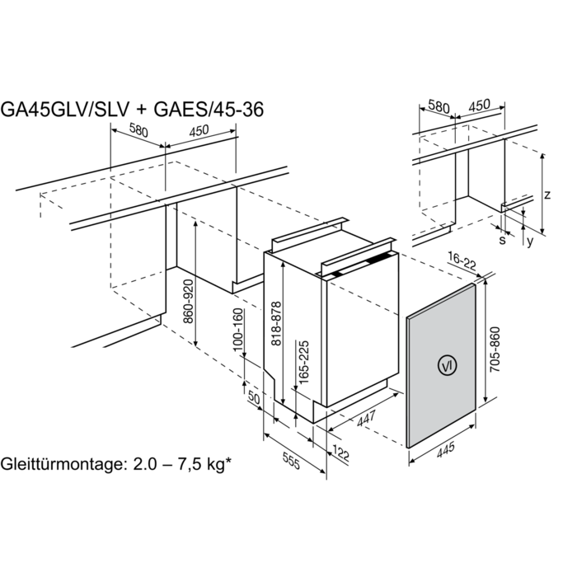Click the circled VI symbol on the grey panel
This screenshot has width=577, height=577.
(447, 366)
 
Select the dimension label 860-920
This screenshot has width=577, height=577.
(189, 302)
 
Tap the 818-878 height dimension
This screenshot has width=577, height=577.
(276, 324)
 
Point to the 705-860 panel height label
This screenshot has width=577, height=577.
(495, 349)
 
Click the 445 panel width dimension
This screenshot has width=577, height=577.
(446, 450)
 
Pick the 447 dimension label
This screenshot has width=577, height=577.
(366, 419)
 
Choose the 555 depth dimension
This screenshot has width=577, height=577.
(291, 461)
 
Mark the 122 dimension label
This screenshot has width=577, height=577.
(340, 453)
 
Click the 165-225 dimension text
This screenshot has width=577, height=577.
(304, 363)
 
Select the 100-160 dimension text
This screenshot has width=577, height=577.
(238, 330)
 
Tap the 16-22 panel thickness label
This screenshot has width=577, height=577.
(462, 261)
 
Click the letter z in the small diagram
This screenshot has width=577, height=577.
(547, 195)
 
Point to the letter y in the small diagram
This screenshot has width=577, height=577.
(529, 242)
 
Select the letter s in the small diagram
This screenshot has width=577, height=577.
(502, 240)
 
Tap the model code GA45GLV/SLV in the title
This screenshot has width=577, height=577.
(65, 110)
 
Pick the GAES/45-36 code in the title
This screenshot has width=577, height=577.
(209, 110)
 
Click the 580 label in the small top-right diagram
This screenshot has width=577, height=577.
(439, 107)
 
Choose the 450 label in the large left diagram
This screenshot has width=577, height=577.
(199, 130)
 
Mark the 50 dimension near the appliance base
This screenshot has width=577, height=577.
(254, 397)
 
